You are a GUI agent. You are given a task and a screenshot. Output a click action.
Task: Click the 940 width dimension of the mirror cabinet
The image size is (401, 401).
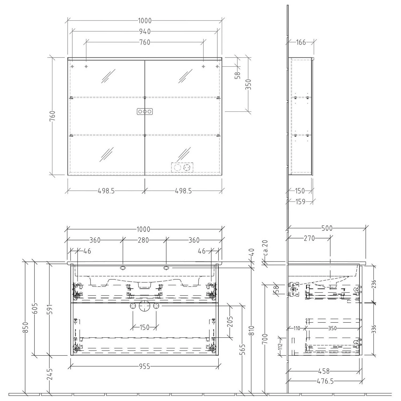pyautogui.click(x=145, y=32)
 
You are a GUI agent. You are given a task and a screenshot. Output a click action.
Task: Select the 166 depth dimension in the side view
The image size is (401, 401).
pyautogui.click(x=301, y=42)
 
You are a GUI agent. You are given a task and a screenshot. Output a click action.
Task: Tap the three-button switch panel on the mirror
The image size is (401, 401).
pyautogui.click(x=145, y=112)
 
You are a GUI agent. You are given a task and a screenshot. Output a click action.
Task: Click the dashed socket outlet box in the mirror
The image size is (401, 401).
pyautogui.click(x=182, y=168)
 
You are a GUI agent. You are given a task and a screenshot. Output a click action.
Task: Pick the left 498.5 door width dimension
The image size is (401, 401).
pyautogui.click(x=106, y=191)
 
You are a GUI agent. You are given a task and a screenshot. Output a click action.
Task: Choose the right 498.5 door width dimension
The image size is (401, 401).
pyautogui.click(x=183, y=191)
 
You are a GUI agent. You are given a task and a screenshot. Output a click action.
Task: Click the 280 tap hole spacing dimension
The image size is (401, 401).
pyautogui.click(x=143, y=240)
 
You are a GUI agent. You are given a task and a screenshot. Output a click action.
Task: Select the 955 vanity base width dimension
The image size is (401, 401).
pyautogui.click(x=145, y=367)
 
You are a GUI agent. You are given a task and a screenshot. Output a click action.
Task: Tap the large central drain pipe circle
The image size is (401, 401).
pyautogui.click(x=145, y=306)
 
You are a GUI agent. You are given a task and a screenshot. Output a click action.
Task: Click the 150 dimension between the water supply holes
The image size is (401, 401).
pyautogui.click(x=145, y=327)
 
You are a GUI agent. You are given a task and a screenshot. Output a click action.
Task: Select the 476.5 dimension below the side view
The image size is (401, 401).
pyautogui.click(x=325, y=381)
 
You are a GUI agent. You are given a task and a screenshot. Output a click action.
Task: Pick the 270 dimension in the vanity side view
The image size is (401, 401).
pyautogui.click(x=309, y=238)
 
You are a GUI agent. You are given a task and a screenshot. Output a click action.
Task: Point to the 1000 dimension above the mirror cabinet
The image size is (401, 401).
pyautogui.click(x=145, y=21)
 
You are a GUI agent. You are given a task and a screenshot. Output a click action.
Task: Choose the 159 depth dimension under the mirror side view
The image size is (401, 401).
pyautogui.click(x=300, y=202)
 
